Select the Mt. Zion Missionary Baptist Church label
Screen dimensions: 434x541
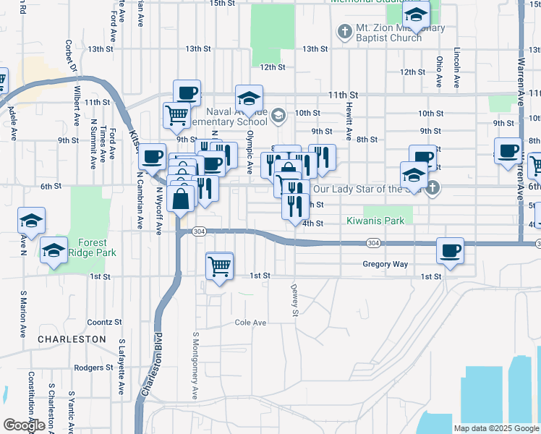[388, 33]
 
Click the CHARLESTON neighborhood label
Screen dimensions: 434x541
[72, 339]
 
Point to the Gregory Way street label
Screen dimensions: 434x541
[385, 264]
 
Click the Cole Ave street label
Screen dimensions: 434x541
[250, 322]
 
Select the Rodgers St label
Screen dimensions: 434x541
[94, 367]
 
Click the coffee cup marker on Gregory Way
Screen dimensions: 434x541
[450, 251]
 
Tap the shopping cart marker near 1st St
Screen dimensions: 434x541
[219, 265]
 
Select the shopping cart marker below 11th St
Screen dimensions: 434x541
[176, 114]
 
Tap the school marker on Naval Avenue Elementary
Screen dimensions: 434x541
[249, 98]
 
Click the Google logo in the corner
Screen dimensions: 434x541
[24, 425]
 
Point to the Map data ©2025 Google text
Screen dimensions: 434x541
[497, 428]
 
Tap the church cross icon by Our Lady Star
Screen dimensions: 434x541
[432, 189]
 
